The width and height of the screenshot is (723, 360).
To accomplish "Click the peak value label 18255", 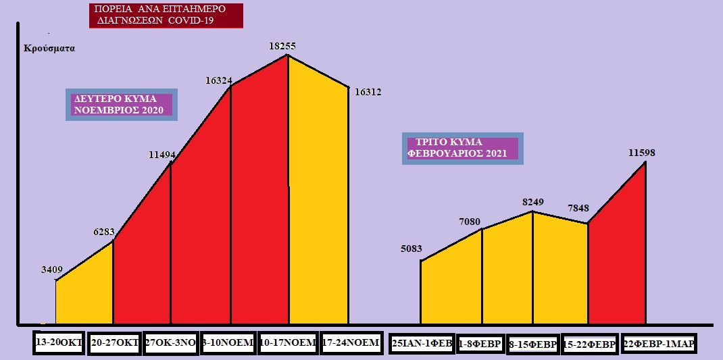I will (x=282, y=46).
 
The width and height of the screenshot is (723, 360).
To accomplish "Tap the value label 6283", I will (x=107, y=232).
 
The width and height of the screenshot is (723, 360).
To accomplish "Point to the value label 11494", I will (x=162, y=155).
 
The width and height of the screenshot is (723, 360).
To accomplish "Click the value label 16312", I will (x=368, y=92).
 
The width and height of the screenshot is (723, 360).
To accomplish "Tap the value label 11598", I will (x=642, y=153).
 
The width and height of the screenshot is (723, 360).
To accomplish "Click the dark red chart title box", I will (x=166, y=16).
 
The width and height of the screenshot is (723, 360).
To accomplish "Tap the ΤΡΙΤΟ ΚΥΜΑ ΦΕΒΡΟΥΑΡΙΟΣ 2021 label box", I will (x=464, y=148).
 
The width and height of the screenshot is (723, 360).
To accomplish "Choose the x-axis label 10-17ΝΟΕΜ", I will (x=288, y=342).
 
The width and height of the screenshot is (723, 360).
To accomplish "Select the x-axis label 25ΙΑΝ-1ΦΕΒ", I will (x=422, y=343).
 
